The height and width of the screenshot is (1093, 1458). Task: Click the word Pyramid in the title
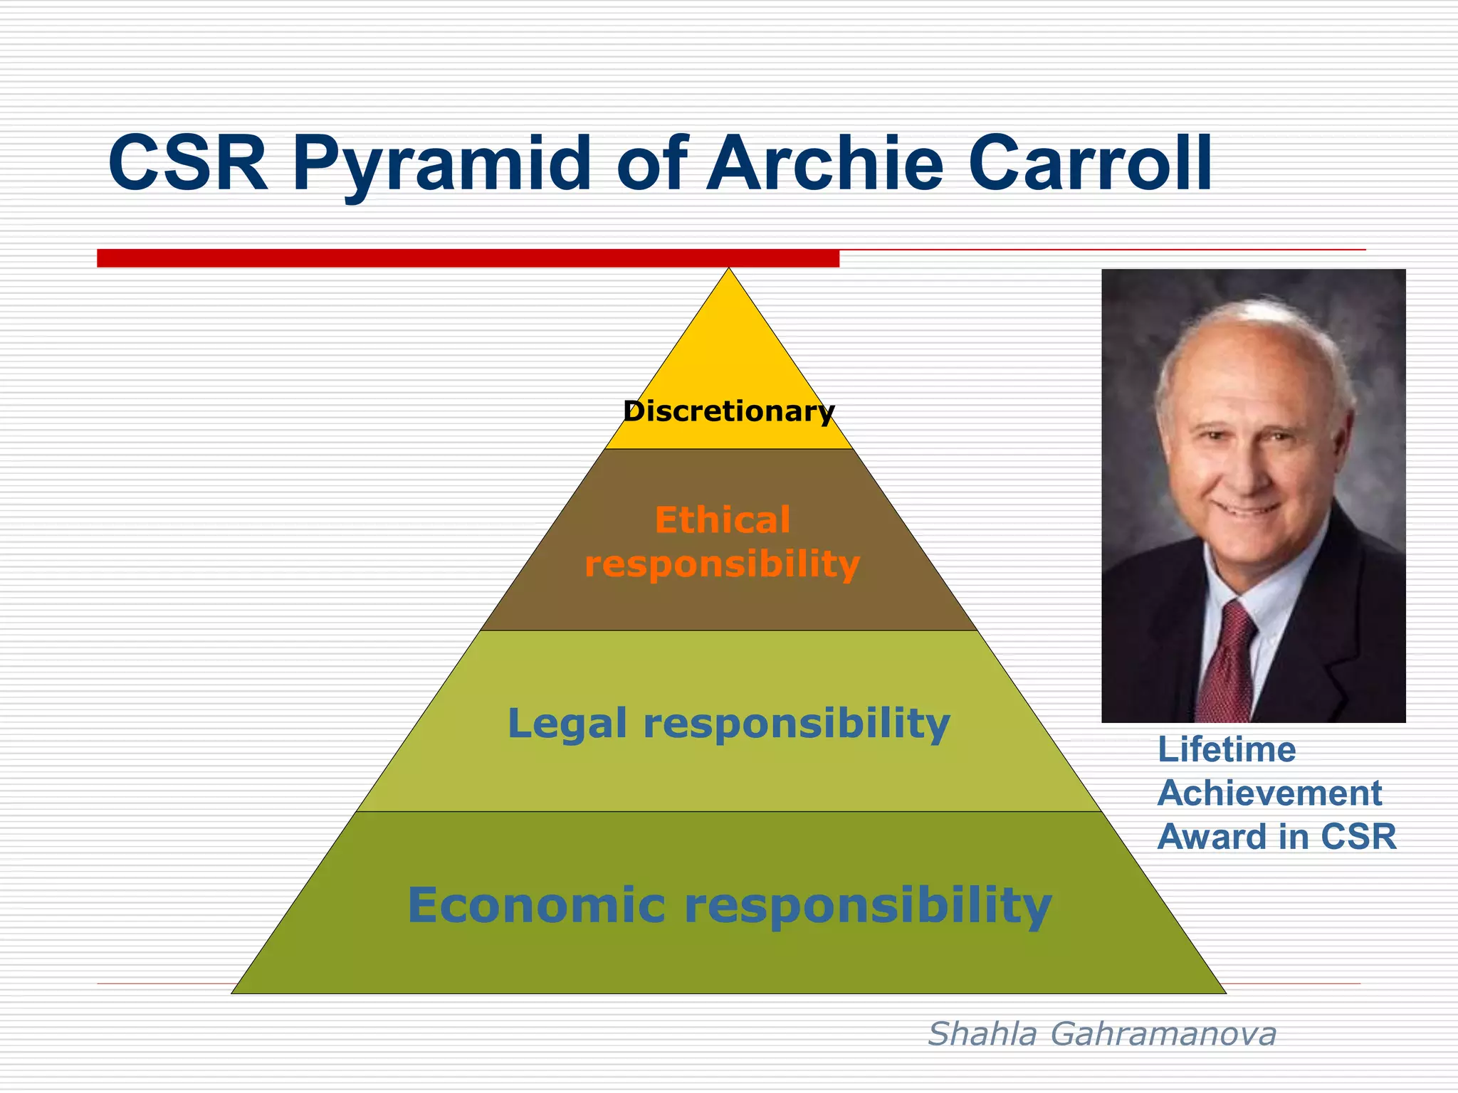click(441, 165)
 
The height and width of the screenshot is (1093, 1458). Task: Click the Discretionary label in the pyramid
click(728, 411)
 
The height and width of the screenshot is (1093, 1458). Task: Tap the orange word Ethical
click(723, 520)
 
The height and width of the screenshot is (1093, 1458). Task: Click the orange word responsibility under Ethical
click(722, 564)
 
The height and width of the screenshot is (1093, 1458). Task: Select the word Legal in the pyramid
click(567, 724)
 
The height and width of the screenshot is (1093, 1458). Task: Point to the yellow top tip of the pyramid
click(728, 334)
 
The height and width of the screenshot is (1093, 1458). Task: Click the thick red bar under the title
click(468, 258)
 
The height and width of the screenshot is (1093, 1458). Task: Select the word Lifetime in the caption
click(1226, 750)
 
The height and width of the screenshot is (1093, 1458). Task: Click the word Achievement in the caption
click(1269, 793)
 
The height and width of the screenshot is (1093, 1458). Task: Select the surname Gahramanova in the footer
click(1163, 1034)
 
